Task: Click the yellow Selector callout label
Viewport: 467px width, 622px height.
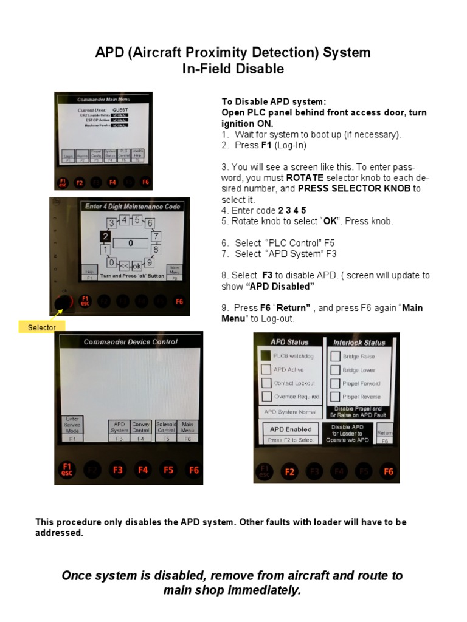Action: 41,327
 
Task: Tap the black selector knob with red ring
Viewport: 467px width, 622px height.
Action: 62,302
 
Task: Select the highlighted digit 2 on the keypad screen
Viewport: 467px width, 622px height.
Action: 106,236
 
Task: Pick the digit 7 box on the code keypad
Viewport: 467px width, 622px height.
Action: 156,236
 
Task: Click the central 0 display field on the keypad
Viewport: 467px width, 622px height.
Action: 130,243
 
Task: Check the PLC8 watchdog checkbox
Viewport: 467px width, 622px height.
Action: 265,356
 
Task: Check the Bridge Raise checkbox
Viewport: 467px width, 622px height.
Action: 335,356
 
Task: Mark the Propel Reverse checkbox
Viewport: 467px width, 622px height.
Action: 335,397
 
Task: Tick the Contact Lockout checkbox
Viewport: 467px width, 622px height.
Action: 265,383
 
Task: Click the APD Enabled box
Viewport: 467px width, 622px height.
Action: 290,429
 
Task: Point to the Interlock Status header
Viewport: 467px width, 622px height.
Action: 359,342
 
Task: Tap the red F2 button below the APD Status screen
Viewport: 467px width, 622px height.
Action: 289,471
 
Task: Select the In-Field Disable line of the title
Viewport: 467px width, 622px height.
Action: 233,69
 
